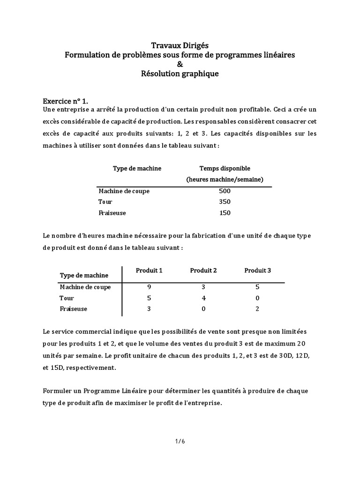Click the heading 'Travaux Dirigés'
coord(180,45)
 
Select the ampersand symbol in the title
coord(180,64)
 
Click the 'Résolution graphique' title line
coord(180,74)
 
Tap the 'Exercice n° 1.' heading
coord(65,101)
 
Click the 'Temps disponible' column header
coord(225,168)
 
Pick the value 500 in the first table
coord(225,191)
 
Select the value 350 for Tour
coord(225,202)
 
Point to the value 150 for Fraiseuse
coord(225,213)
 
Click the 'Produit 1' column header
coord(149,270)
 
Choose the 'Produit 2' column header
coord(203,270)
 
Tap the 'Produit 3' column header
coord(258,270)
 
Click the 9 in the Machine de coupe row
coord(149,287)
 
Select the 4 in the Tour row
coord(203,298)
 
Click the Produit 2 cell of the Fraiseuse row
coord(203,309)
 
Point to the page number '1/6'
coord(180,441)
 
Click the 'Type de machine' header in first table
coord(137,168)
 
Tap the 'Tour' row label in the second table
coord(67,298)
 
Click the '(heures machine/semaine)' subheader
coord(225,180)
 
